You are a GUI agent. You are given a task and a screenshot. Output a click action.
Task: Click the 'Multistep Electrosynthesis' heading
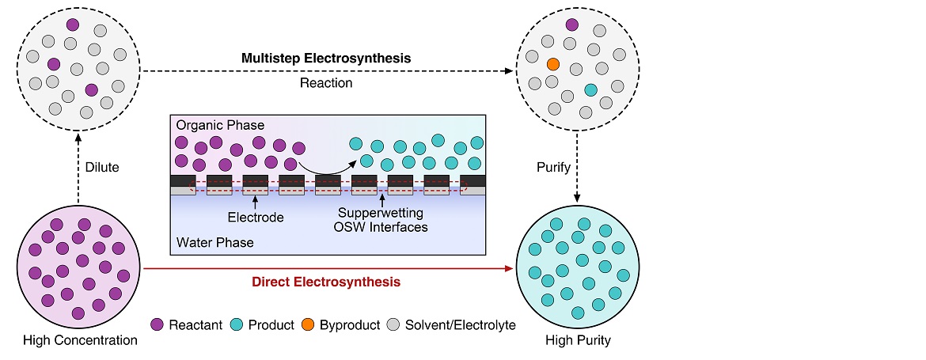(x=326, y=59)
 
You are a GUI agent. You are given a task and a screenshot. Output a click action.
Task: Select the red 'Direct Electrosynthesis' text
(x=325, y=282)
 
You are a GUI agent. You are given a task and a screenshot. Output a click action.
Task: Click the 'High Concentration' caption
(x=79, y=340)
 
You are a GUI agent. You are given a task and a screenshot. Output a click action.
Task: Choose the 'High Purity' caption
(x=578, y=342)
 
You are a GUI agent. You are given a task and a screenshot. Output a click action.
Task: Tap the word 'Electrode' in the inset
(x=255, y=214)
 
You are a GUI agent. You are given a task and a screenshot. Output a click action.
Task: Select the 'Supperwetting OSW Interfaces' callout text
(x=381, y=220)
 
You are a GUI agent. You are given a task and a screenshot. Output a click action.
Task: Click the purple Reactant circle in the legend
(x=157, y=324)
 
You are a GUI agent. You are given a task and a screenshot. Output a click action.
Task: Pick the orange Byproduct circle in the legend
(x=308, y=324)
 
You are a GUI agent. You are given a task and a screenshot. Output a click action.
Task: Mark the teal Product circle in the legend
(x=237, y=324)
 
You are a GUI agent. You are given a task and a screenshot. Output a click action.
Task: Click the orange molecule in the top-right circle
(x=553, y=63)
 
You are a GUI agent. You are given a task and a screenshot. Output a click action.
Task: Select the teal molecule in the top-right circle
(x=590, y=90)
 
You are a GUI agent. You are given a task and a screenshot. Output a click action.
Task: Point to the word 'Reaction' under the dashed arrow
(x=326, y=82)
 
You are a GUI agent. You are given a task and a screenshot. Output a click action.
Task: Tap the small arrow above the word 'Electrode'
(x=255, y=202)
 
